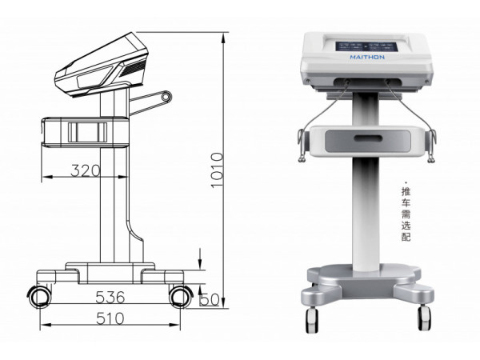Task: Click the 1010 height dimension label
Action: (x=218, y=170)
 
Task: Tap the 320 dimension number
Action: (x=86, y=170)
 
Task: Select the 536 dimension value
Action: (x=110, y=297)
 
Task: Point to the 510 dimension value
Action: (x=110, y=318)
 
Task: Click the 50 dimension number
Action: (x=210, y=300)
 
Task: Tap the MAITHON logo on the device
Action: (x=367, y=58)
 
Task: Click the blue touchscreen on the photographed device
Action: (x=366, y=47)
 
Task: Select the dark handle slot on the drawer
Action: (x=369, y=138)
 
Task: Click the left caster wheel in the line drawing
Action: (x=40, y=296)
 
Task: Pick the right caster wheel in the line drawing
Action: (x=181, y=296)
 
